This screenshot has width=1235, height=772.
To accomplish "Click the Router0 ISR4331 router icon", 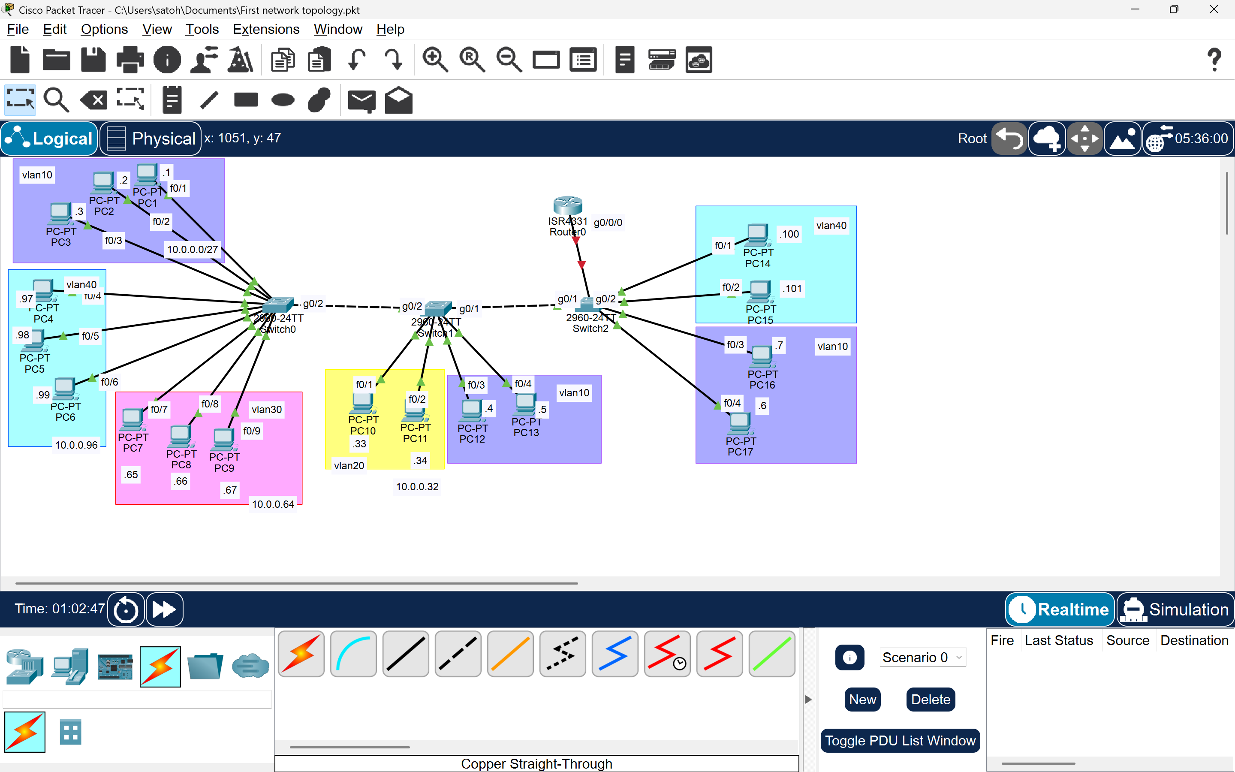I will pyautogui.click(x=567, y=205).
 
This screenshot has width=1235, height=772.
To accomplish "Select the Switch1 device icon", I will pyautogui.click(x=438, y=308).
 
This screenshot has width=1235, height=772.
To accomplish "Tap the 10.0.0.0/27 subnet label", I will pyautogui.click(x=193, y=249).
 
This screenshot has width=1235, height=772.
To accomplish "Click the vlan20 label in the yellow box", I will pyautogui.click(x=349, y=465).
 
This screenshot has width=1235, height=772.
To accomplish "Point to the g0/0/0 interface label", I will pyautogui.click(x=608, y=223).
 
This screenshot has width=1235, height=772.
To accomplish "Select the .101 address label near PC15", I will pyautogui.click(x=792, y=289).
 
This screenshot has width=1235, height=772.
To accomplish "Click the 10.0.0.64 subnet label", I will pyautogui.click(x=273, y=504).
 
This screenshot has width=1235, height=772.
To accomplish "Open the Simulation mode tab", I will pyautogui.click(x=1175, y=609).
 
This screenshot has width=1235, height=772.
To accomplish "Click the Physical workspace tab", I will pyautogui.click(x=151, y=139).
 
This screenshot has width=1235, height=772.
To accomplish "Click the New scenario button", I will pyautogui.click(x=862, y=700).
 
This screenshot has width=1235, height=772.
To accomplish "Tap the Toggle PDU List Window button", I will pyautogui.click(x=900, y=740).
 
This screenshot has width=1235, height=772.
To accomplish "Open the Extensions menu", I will pyautogui.click(x=266, y=29).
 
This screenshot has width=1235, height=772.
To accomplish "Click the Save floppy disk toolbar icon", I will pyautogui.click(x=93, y=60).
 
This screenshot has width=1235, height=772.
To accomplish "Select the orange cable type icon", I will pyautogui.click(x=510, y=654).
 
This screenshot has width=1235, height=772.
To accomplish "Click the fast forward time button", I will pyautogui.click(x=164, y=609).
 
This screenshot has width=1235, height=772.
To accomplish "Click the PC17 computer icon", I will pyautogui.click(x=739, y=423).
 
